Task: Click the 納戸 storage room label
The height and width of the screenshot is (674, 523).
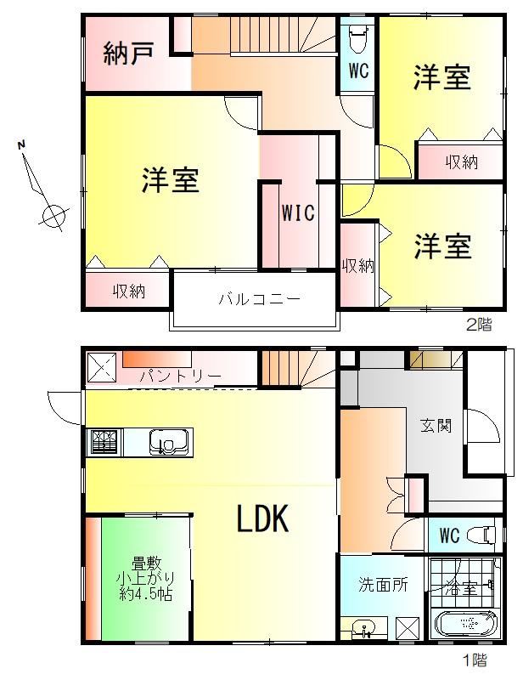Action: pos(128,54)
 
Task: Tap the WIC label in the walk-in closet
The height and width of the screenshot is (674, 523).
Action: pos(298,212)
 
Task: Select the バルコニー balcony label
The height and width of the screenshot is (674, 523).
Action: pos(259,298)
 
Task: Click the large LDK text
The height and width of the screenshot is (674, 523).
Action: pos(263,518)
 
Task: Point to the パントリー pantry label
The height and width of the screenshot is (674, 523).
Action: pos(180,377)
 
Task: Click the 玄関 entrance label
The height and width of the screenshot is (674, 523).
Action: pos(436,426)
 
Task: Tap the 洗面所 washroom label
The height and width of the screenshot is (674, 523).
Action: pos(383,585)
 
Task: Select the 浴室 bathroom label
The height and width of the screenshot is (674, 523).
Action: pos(462,588)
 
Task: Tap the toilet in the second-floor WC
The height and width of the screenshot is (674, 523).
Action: pos(358,38)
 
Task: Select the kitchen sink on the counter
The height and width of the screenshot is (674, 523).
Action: pos(169,442)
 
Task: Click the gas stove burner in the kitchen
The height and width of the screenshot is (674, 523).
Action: pos(104,442)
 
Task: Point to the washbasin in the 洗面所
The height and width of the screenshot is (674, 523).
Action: pos(364,629)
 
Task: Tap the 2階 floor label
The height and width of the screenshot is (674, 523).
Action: pos(479,324)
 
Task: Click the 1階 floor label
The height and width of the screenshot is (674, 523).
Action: pos(475,660)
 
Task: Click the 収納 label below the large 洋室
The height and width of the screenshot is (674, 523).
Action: pos(129,292)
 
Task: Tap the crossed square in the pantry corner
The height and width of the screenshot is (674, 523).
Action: pos(102,367)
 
